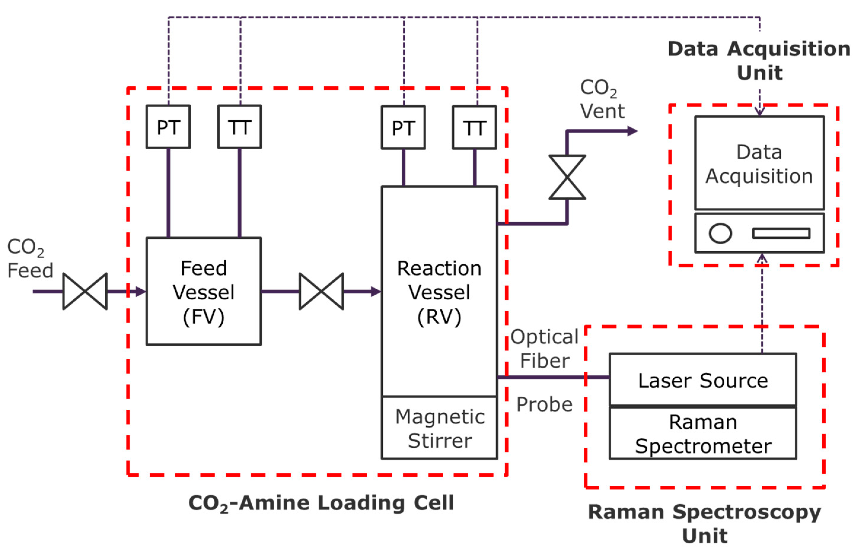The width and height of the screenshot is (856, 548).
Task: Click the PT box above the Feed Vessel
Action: click(168, 127)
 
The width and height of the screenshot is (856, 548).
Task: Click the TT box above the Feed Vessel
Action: click(240, 127)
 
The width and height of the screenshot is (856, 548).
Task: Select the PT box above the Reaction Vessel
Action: click(403, 127)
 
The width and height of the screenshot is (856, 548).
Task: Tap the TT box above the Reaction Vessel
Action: click(474, 127)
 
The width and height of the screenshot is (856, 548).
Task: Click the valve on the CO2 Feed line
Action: click(85, 291)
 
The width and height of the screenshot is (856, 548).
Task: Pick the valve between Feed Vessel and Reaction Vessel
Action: click(321, 291)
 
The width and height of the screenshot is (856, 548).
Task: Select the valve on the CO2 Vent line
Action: click(567, 177)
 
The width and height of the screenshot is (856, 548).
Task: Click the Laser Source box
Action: click(703, 380)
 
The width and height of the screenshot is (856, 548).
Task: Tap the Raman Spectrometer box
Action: click(703, 433)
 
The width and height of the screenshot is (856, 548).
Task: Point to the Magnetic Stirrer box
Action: click(439, 428)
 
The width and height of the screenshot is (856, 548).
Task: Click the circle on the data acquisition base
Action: click(720, 234)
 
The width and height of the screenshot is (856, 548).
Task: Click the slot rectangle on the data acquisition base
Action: click(781, 234)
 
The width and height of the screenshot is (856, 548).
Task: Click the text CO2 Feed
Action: click(30, 258)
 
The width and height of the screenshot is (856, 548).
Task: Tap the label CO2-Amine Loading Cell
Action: click(321, 503)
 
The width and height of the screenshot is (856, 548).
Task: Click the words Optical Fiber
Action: click(544, 349)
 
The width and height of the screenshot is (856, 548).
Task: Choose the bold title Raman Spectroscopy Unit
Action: click(704, 523)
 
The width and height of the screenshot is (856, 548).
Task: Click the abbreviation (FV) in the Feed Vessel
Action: click(203, 317)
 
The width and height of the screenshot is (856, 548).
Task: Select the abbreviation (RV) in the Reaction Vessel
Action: click(439, 317)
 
